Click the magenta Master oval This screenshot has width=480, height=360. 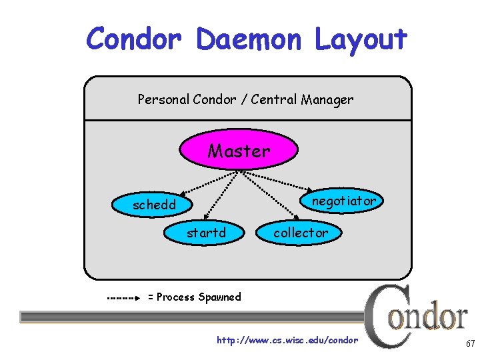239,151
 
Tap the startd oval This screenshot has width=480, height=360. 206,233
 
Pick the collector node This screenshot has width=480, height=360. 300,233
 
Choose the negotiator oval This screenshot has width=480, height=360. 344,201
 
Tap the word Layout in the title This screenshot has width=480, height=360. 360,39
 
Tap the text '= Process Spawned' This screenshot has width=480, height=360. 194,297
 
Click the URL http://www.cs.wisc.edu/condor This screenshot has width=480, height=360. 287,341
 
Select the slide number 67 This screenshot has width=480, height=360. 470,344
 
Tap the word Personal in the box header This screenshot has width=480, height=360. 163,100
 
